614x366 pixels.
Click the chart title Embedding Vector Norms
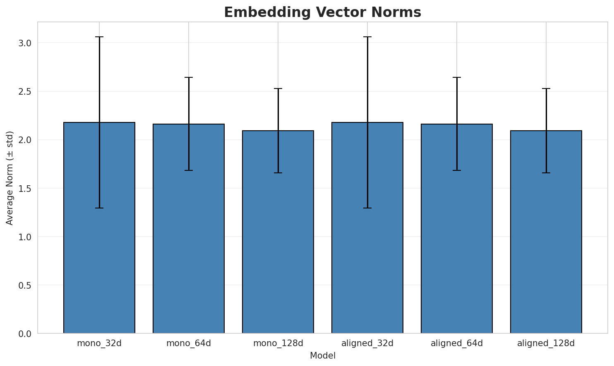click(322, 12)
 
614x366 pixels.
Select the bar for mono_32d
click(99, 227)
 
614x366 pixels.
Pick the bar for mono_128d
click(278, 232)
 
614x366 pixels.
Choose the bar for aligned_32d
click(367, 227)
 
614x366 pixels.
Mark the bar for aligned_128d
click(546, 232)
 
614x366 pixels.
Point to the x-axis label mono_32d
click(99, 343)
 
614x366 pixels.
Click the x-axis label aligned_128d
click(546, 343)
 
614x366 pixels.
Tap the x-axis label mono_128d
click(278, 343)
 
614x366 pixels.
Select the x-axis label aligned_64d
click(457, 343)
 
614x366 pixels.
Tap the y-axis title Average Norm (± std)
click(10, 178)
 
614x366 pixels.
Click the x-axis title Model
click(322, 356)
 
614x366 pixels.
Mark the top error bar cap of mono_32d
click(99, 37)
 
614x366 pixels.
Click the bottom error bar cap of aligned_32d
click(367, 208)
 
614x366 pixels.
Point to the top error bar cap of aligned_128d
click(546, 89)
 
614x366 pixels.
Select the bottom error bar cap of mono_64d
click(189, 170)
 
